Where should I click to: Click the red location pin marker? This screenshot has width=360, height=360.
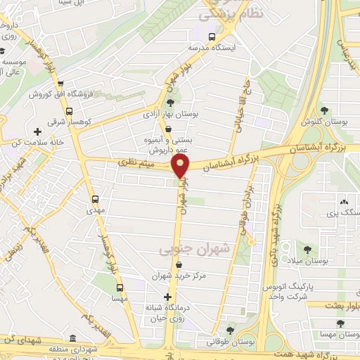[x=181, y=166]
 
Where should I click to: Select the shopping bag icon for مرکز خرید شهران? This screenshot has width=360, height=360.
[x=179, y=264]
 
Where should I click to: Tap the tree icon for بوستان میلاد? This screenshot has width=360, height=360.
[x=307, y=247]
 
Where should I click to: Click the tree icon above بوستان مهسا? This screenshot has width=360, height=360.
[x=340, y=323]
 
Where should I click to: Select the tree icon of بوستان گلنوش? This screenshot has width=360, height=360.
[x=325, y=110]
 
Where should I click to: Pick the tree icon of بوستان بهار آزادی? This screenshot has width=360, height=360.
[x=170, y=103]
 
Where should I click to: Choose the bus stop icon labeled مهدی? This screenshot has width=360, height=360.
[x=95, y=199]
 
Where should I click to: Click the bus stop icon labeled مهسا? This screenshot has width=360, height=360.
[x=119, y=287]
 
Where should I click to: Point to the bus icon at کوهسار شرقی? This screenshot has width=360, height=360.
[x=69, y=110]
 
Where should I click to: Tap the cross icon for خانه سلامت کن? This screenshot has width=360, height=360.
[x=37, y=131]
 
